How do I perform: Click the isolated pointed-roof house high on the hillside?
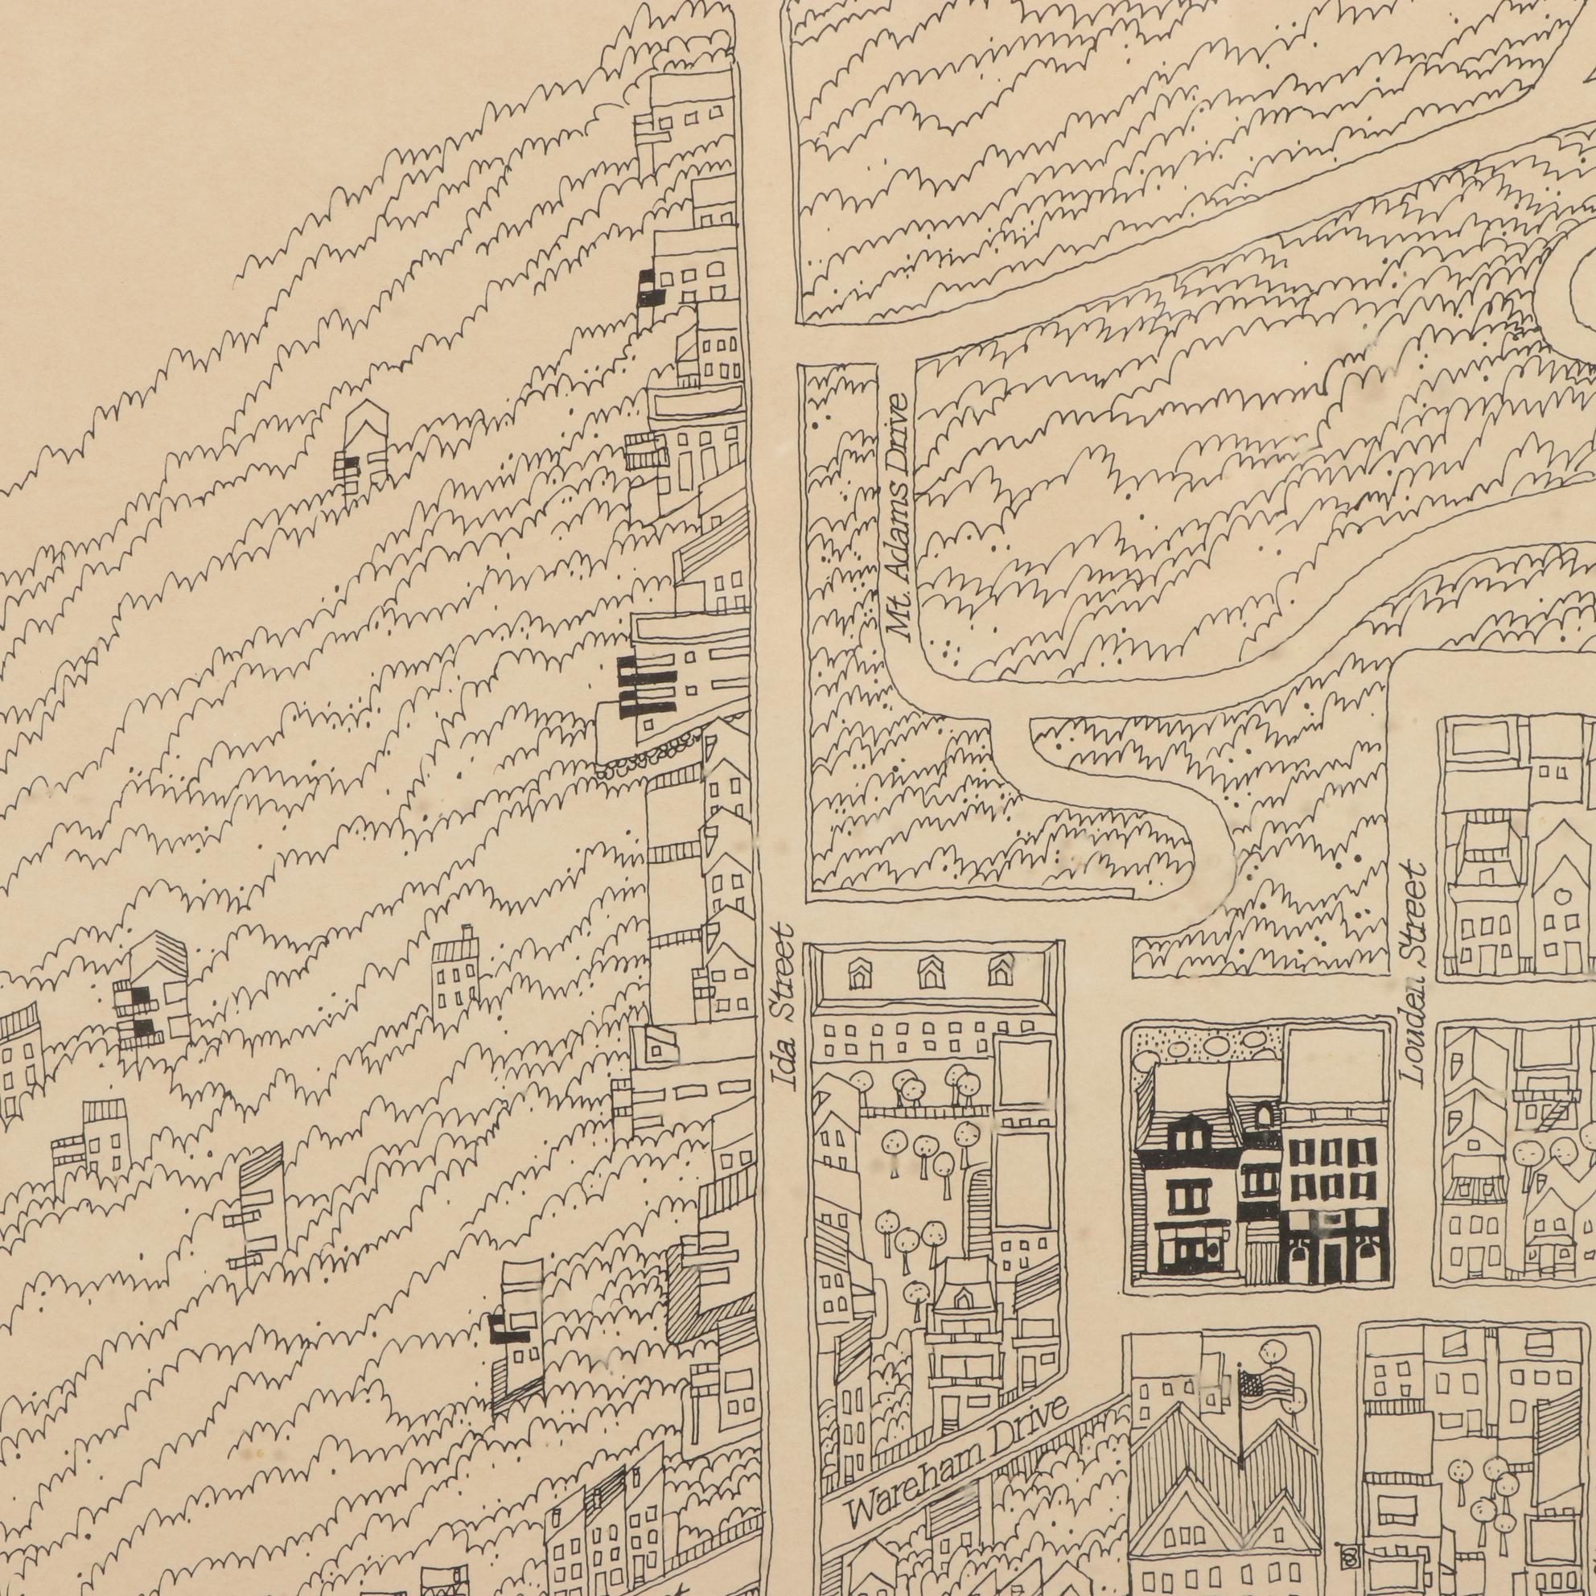tap(364, 446)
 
